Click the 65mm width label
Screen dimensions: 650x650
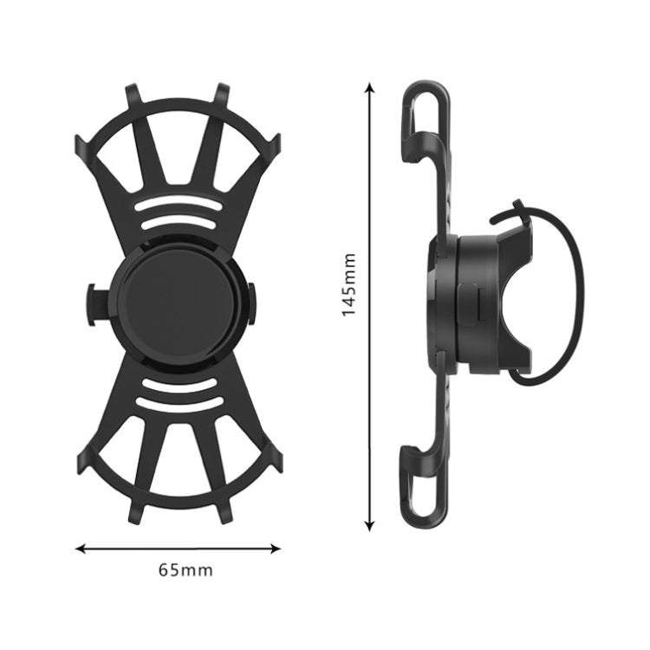pyautogui.click(x=185, y=570)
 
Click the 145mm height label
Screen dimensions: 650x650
pyautogui.click(x=348, y=285)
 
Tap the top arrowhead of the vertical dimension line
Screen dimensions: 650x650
pyautogui.click(x=370, y=87)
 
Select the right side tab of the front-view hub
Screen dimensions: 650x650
pyautogui.click(x=252, y=304)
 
